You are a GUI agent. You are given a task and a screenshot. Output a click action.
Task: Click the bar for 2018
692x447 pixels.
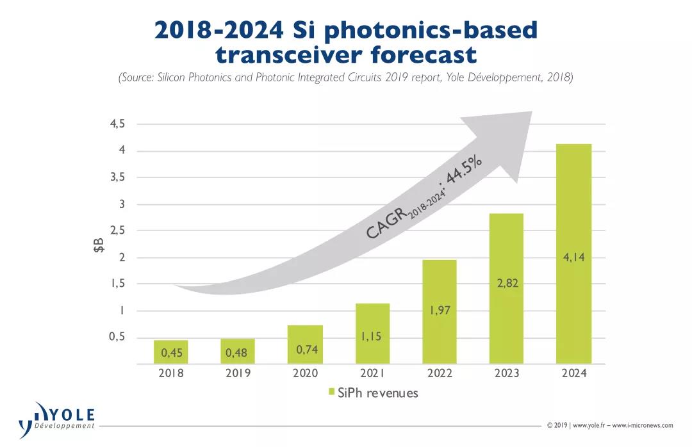[170, 352]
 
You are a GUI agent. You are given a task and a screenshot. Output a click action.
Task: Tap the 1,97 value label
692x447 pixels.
[439, 311]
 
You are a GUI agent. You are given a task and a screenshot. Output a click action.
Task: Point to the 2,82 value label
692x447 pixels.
[506, 283]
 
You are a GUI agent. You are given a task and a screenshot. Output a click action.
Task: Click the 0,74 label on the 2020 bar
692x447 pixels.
[304, 350]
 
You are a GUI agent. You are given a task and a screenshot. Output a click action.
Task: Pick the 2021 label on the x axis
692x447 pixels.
[372, 373]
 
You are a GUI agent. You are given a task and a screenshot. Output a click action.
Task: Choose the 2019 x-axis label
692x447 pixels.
[238, 373]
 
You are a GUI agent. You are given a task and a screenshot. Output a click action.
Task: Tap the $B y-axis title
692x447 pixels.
[99, 245]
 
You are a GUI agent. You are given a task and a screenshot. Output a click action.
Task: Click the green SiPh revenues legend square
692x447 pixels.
[331, 393]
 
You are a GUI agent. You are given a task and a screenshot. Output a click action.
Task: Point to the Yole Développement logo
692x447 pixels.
[58, 419]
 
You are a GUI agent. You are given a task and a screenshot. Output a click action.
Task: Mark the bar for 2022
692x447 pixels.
[439, 312]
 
